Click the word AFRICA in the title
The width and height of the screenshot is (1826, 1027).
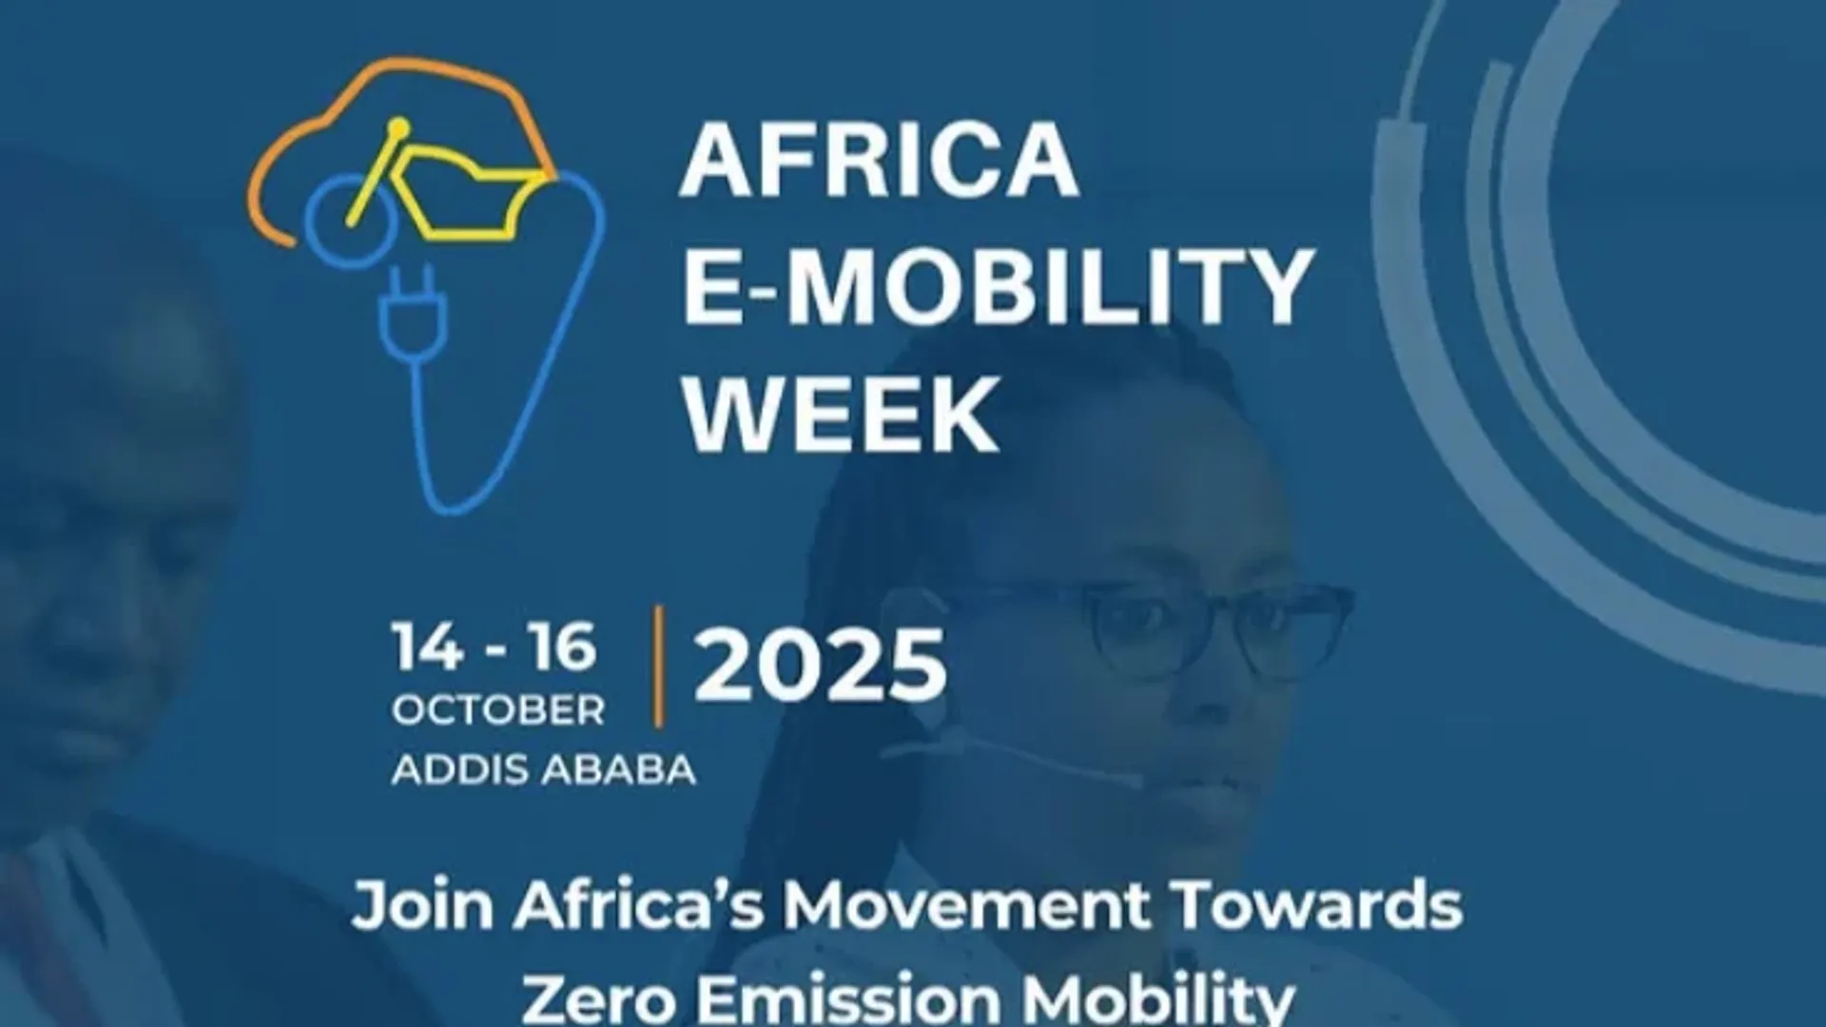(879, 160)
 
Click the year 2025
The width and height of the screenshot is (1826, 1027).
(820, 666)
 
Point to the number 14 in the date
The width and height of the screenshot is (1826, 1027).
(428, 648)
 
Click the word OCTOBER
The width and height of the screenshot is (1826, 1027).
(497, 711)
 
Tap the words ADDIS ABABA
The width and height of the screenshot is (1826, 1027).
(543, 770)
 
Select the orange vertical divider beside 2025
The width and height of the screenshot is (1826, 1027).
(658, 666)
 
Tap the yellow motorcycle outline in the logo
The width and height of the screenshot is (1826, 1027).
(456, 190)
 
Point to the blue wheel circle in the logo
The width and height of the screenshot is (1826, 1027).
(338, 221)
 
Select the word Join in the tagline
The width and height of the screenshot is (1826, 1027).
(421, 906)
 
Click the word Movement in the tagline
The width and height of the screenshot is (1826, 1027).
(965, 906)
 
